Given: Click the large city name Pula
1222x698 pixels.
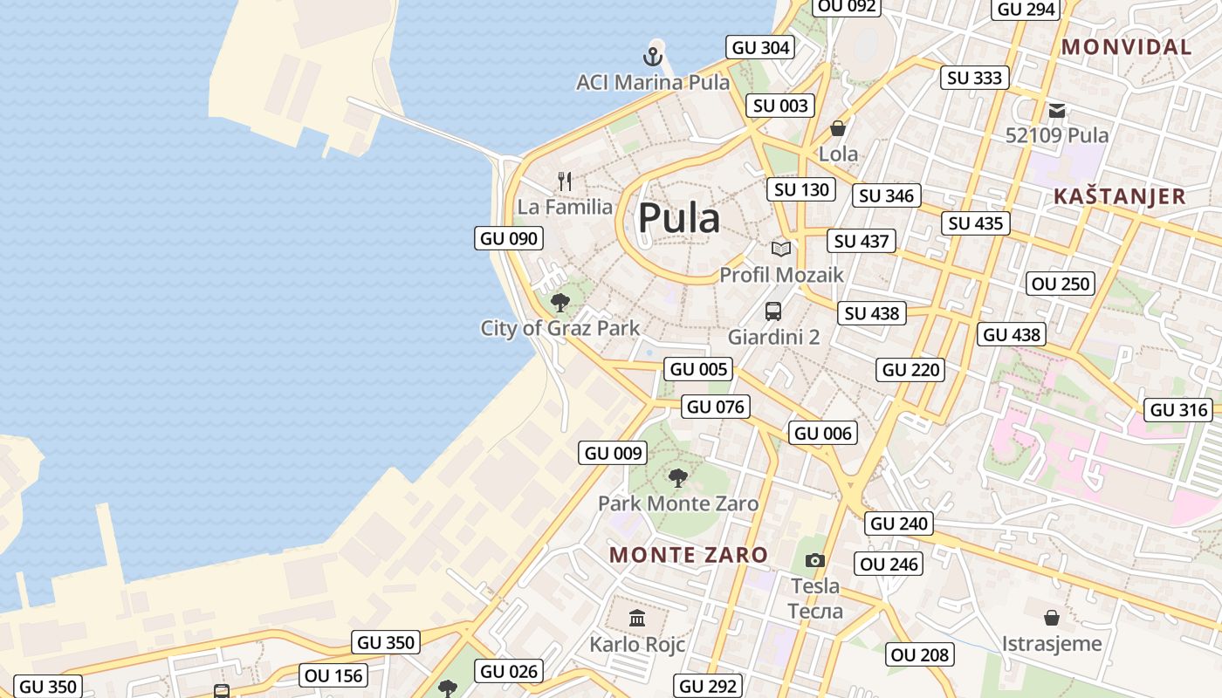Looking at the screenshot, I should click(x=679, y=218).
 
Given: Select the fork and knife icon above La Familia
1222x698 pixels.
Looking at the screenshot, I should click(x=565, y=181).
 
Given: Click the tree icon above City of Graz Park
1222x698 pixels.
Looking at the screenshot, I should click(x=560, y=303).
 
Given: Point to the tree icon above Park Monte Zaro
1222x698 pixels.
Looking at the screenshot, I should click(x=677, y=477).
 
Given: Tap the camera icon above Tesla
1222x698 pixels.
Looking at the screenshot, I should click(x=815, y=560).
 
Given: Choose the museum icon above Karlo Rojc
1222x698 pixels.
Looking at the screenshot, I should click(x=637, y=618).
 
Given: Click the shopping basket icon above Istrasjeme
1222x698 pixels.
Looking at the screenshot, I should click(x=1052, y=618).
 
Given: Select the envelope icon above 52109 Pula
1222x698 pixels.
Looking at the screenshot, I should click(x=1057, y=110).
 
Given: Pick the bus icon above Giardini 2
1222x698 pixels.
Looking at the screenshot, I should click(x=773, y=311).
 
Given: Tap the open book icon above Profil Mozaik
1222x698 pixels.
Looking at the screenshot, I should click(x=780, y=249).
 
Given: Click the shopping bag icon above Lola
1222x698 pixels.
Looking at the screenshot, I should click(x=838, y=128).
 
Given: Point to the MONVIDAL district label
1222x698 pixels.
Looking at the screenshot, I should click(x=1126, y=47).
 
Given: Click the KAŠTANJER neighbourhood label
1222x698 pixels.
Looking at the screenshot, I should click(x=1120, y=196).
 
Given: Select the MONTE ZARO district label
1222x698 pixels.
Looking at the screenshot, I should click(x=689, y=555).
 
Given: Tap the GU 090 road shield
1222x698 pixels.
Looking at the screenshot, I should click(x=509, y=238).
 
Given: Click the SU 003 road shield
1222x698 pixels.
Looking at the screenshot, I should click(x=780, y=106).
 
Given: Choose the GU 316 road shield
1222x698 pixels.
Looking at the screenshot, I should click(x=1179, y=410).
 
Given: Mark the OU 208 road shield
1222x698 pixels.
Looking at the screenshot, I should click(x=920, y=654).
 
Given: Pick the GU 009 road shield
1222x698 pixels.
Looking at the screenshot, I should click(x=614, y=453).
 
